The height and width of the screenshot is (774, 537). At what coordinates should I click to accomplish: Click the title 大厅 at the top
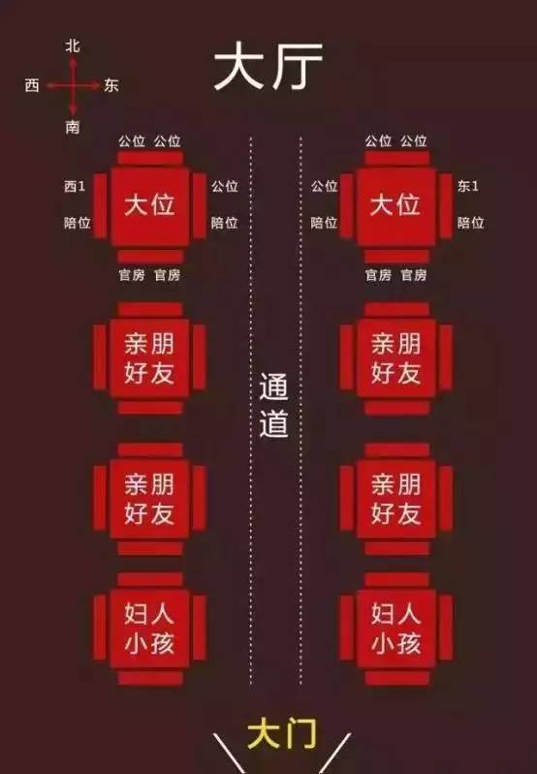pos(268,66)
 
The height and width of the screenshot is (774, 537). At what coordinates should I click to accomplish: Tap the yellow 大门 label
pos(282,734)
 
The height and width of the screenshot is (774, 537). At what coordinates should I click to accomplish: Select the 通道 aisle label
pos(273,406)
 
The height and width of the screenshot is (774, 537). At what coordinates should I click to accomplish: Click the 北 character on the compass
pos(73,46)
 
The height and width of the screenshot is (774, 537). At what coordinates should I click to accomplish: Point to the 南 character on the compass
pos(73,127)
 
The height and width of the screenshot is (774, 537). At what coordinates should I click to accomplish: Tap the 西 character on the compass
pos(32,85)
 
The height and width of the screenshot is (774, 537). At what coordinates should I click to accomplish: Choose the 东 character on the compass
pos(111,85)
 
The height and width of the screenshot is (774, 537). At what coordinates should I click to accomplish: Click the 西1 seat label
pos(75,186)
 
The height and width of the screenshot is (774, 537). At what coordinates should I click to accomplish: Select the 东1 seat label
pos(468,186)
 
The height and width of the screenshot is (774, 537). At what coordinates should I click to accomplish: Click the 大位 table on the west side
pos(149,206)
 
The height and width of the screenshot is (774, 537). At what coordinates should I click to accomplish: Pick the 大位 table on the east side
pos(395,206)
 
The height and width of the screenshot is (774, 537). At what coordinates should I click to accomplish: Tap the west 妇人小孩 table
pos(149,629)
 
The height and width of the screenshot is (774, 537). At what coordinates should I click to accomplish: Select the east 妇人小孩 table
pos(395,629)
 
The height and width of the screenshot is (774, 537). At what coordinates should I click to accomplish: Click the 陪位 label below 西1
pos(78,223)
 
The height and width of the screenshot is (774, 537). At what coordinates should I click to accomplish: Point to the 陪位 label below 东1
pos(470,223)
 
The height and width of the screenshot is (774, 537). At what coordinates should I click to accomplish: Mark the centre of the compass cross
pos(73,86)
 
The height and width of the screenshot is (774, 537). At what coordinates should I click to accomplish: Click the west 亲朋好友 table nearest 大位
pos(149,357)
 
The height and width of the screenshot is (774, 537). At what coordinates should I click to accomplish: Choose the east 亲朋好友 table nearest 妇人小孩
pos(395,499)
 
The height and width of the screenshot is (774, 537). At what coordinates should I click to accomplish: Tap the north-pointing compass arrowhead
pos(73,62)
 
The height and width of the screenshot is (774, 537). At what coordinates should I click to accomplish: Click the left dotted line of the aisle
pos(251,411)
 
